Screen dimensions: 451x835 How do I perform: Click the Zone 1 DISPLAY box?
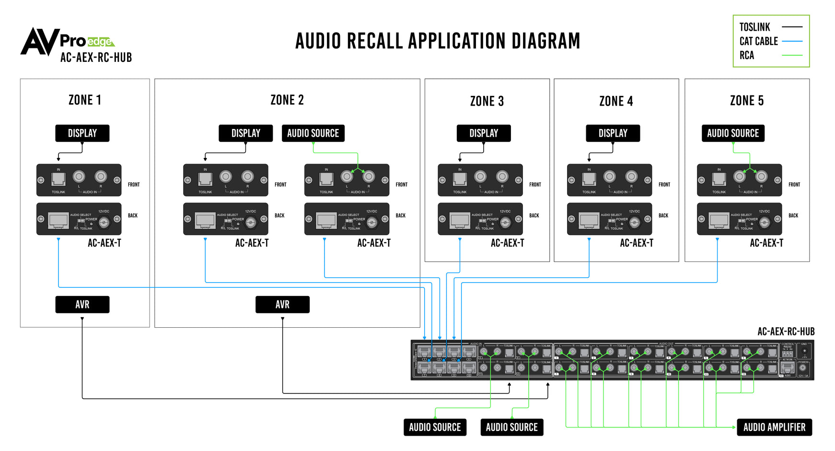82,133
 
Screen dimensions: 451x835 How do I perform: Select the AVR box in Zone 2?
282,304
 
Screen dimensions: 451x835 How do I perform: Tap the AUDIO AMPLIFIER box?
774,427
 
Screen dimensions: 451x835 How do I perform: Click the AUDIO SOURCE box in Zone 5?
732,133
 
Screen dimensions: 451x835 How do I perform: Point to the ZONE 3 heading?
487,101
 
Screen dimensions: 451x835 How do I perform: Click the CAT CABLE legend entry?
758,41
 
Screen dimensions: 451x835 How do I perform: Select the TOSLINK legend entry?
754,27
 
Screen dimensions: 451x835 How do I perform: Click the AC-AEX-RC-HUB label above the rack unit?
786,332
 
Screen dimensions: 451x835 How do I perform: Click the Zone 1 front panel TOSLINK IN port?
58,179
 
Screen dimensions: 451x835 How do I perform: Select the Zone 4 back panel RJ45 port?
589,221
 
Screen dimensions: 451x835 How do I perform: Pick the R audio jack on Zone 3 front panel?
502,177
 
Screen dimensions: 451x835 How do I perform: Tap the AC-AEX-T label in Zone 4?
637,243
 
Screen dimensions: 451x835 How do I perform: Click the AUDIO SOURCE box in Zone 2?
313,133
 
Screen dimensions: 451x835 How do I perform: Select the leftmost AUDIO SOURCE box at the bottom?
434,427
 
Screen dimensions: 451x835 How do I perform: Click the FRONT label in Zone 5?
794,185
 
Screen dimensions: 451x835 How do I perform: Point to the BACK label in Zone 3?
534,216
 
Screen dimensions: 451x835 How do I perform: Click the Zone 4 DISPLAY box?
613,133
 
